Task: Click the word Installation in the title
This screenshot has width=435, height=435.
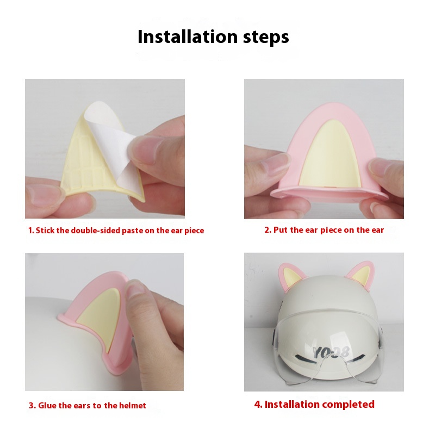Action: point(188,36)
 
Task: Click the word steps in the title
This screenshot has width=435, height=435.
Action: point(266,38)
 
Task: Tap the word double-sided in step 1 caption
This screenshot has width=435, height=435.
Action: point(96,231)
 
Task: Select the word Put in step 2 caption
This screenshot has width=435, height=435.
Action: point(281,230)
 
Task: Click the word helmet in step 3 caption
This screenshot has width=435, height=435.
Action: point(132,406)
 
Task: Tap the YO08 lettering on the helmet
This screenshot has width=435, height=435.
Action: point(331,352)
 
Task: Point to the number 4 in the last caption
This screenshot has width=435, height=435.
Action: point(257,405)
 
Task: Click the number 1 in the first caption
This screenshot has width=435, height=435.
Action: point(30,231)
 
